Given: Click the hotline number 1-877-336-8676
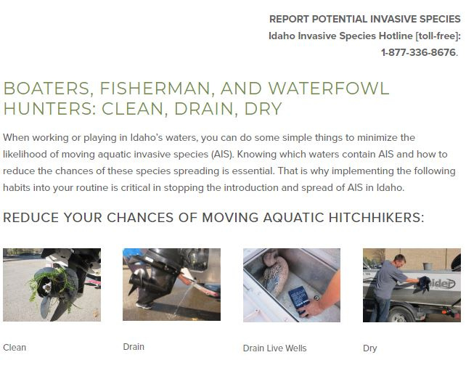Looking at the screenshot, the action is (418, 52).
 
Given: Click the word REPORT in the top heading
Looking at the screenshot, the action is (289, 19).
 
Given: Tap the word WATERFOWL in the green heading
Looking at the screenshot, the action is (329, 89).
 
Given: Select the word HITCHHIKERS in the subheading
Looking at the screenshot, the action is (376, 218).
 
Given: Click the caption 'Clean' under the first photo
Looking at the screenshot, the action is (15, 348).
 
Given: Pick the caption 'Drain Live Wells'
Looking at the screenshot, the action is (274, 348).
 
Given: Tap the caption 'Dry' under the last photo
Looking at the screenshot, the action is (370, 348).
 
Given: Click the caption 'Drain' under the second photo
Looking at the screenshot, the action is (134, 347).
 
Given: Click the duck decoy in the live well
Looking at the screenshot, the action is (275, 273).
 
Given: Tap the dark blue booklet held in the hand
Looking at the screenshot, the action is (300, 299).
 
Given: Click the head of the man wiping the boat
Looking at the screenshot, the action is (399, 261).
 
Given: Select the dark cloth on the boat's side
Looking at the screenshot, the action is (424, 283).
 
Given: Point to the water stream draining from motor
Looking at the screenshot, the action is (184, 297).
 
